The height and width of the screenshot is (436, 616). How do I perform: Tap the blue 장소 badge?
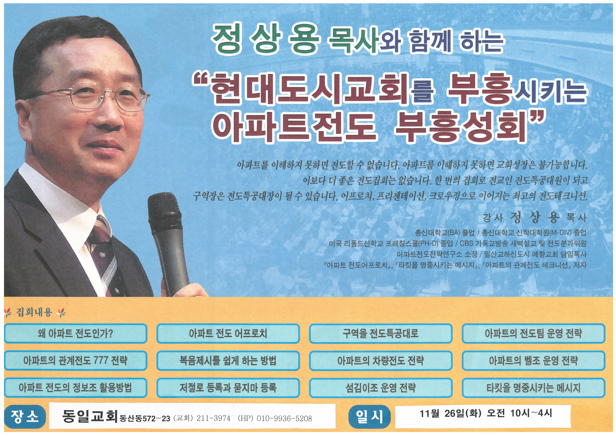pyautogui.click(x=25, y=417)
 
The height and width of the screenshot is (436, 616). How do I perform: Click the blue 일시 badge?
pyautogui.click(x=369, y=417)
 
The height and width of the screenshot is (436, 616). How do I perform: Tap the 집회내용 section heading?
pyautogui.click(x=34, y=312)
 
